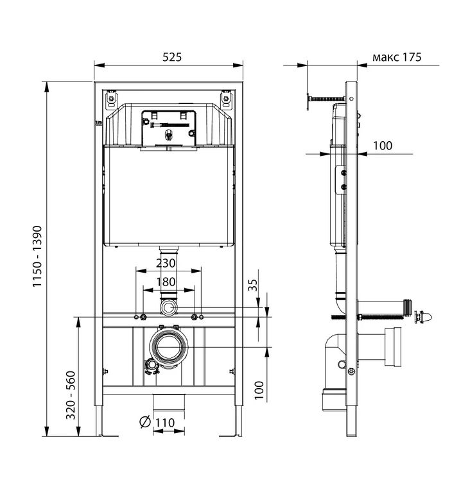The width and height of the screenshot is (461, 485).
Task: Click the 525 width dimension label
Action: pos(172,57)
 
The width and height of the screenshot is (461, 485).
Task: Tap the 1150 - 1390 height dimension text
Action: pos(37,257)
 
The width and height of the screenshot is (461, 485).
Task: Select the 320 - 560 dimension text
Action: pos(71,395)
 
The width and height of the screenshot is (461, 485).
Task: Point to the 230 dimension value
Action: pos(166,263)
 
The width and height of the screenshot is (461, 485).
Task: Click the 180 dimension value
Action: pos(166,282)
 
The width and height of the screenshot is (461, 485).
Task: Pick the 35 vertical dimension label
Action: pos(253,285)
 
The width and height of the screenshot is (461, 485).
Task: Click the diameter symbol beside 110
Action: pos(145,422)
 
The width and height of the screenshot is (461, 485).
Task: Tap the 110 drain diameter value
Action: pos(165,423)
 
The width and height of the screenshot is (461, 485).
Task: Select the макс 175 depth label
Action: pos(397,57)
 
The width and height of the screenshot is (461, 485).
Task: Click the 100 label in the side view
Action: pos(383,146)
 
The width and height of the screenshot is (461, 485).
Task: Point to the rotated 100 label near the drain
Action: pos(259,390)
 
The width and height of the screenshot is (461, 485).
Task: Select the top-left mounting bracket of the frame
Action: pos(111,99)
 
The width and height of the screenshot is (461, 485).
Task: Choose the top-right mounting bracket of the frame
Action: pos(226,99)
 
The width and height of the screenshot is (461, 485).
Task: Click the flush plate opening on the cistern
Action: pos(169,128)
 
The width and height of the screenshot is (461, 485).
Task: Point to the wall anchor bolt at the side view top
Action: pos(326,99)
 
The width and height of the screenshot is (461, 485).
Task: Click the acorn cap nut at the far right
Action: pos(423,318)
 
